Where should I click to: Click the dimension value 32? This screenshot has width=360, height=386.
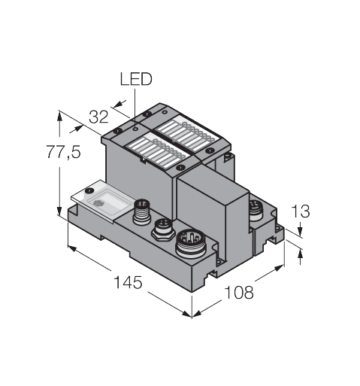point(98,117)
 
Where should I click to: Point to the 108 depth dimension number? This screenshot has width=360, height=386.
point(239,291)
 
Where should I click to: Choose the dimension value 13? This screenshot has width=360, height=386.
point(300,211)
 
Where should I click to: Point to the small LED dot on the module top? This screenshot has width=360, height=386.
point(135,128)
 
